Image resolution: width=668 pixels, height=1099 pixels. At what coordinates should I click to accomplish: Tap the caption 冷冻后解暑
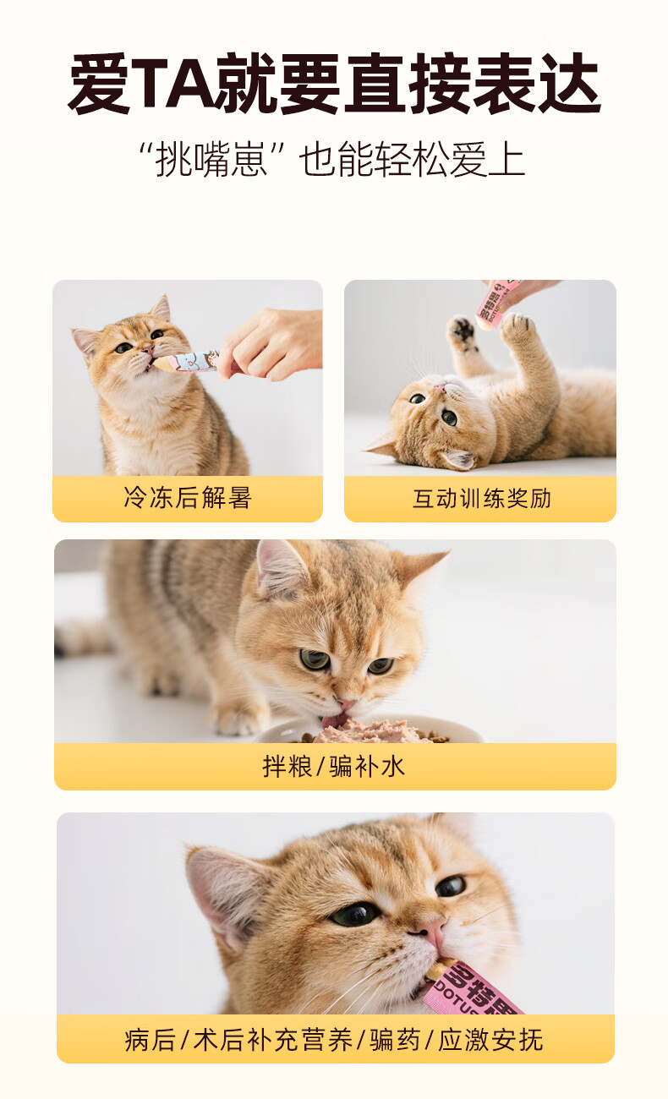pos(188,498)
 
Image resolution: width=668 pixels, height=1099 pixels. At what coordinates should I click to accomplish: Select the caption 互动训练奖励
pos(481,499)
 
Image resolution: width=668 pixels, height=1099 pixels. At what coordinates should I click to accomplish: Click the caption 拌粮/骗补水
pos(334,767)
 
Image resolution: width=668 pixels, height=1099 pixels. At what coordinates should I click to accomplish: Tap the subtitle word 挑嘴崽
pos(211,160)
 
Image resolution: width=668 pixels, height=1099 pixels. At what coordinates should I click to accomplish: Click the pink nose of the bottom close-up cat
pos(432,929)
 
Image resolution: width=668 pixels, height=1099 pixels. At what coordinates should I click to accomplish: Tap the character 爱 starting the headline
pos(98,85)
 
